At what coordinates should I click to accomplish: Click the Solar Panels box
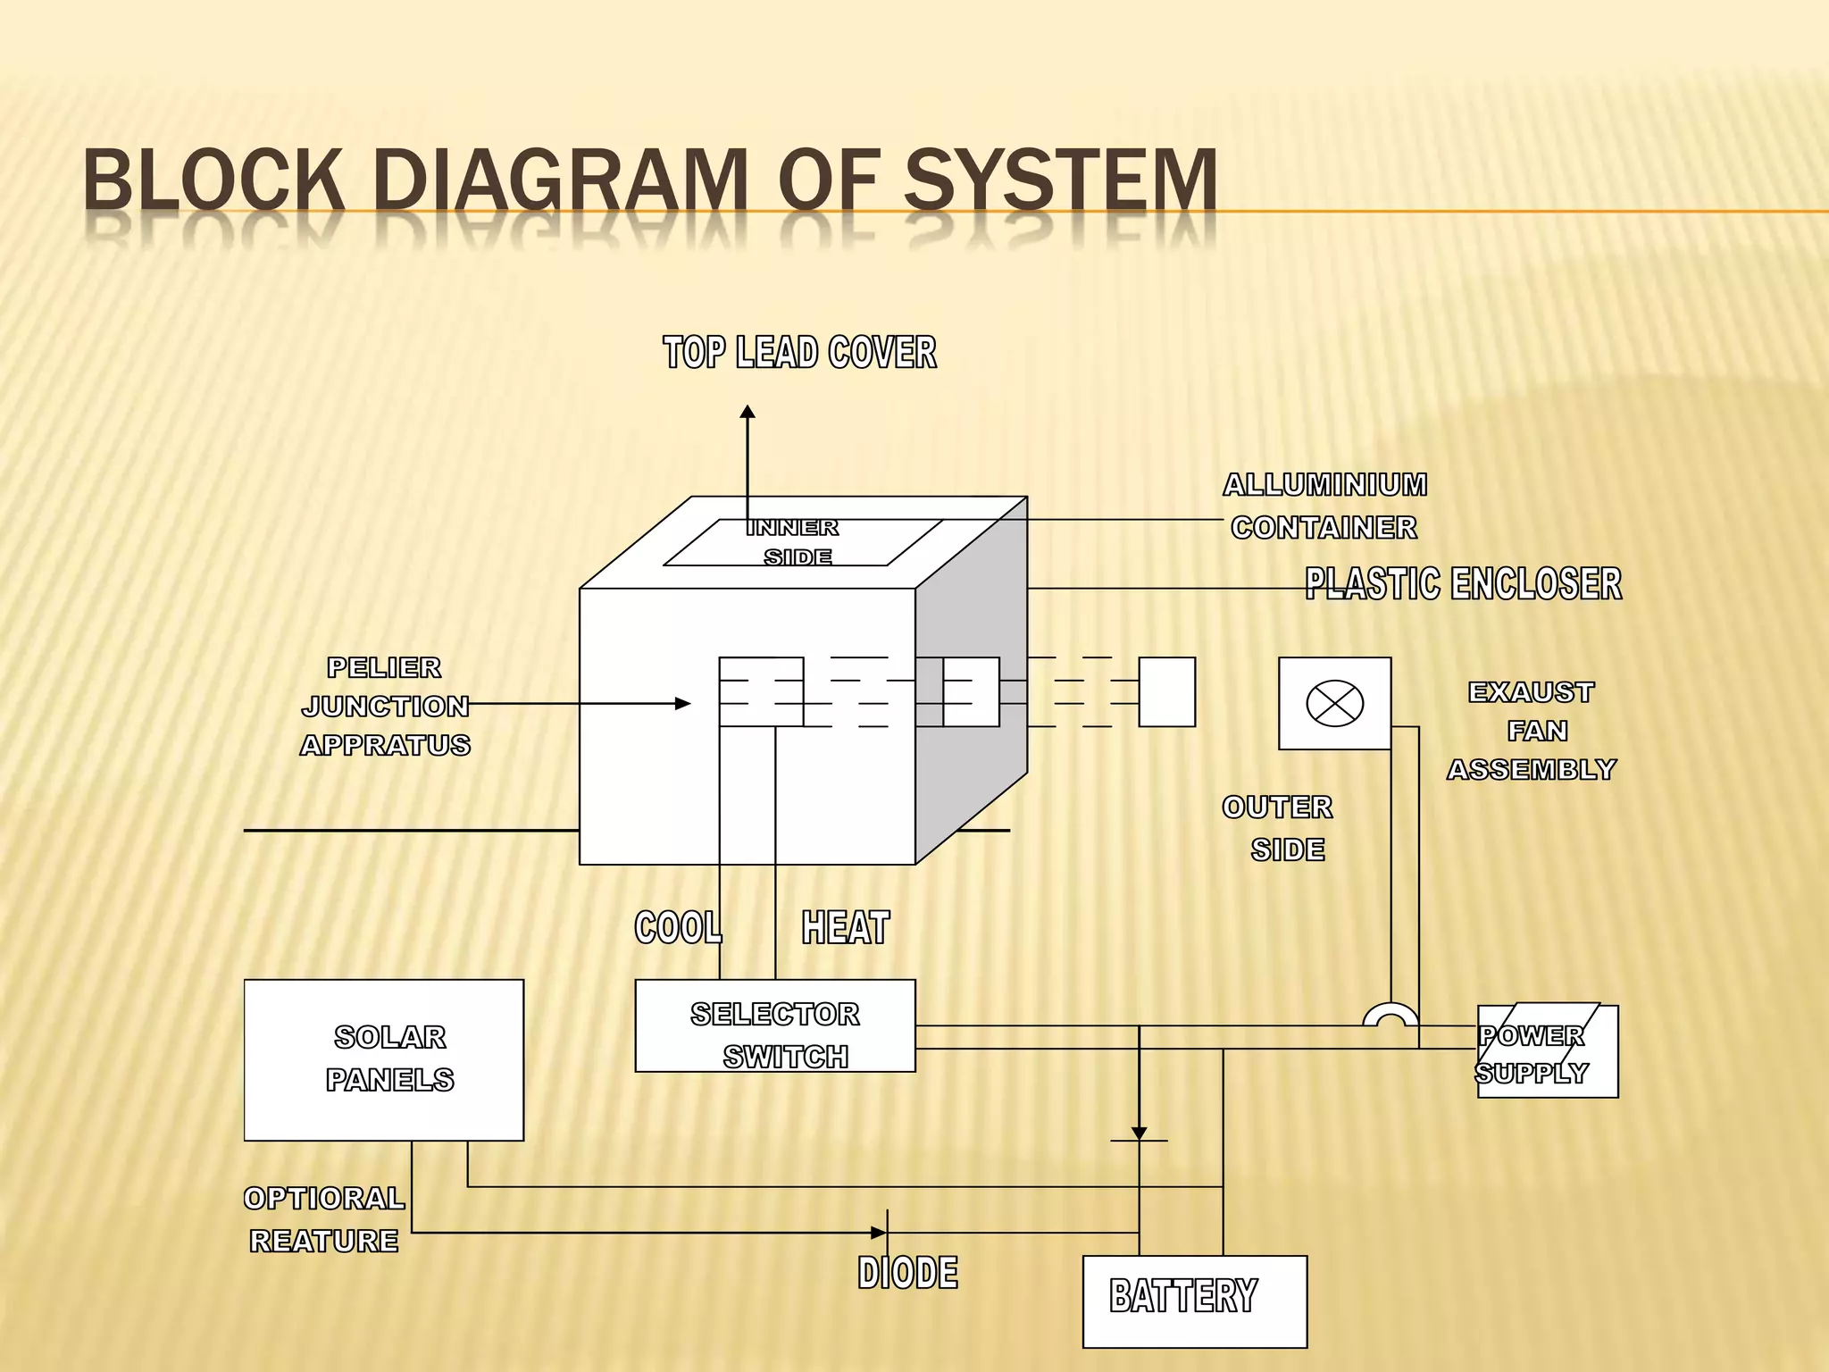tap(383, 1059)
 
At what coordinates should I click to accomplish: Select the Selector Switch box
tap(774, 1025)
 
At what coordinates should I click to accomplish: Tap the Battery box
tap(1194, 1301)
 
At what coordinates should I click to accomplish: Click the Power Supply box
tap(1547, 1052)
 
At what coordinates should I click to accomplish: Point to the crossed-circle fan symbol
tap(1334, 703)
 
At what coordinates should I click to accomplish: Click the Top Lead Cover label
tap(799, 352)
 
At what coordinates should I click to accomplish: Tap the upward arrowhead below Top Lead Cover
tap(747, 412)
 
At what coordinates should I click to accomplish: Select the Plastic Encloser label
tap(1462, 584)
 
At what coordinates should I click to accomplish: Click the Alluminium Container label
tap(1324, 506)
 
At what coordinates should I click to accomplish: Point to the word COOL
tap(678, 927)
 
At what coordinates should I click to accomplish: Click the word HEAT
tap(845, 927)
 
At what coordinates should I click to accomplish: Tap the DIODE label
tap(907, 1273)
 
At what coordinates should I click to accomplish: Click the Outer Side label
tap(1279, 828)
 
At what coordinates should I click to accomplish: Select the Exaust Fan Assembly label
tap(1532, 731)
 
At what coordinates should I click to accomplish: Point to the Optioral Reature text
tap(323, 1219)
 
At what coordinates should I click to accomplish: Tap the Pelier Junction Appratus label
tap(385, 706)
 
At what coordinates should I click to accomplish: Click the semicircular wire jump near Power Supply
tap(1390, 1015)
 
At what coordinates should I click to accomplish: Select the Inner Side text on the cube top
tap(794, 541)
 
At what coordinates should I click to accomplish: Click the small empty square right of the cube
tap(1166, 692)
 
